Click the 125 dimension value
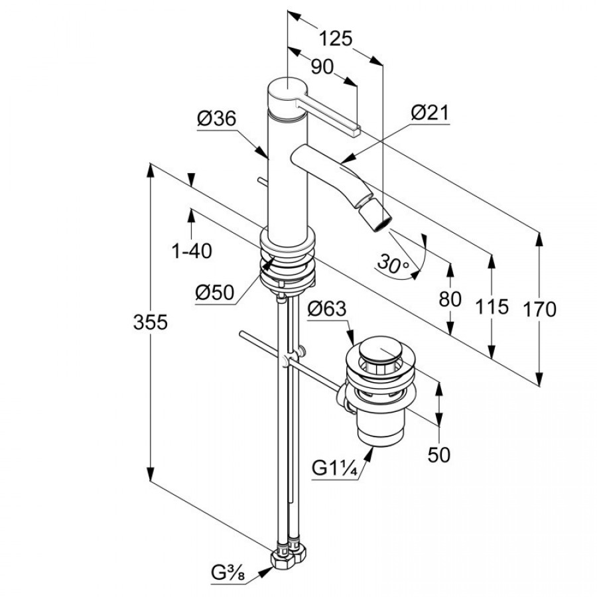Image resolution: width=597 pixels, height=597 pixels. click(334, 38)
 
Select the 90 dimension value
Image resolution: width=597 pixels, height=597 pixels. click(321, 66)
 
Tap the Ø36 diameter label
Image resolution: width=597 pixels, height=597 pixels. click(216, 119)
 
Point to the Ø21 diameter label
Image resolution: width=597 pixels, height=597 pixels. click(429, 113)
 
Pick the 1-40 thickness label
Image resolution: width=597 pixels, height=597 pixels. click(191, 251)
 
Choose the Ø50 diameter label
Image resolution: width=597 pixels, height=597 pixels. click(215, 292)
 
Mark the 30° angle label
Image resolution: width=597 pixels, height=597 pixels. click(393, 265)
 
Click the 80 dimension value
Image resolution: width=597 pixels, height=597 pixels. click(450, 299)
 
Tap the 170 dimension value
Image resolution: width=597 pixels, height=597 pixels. click(538, 309)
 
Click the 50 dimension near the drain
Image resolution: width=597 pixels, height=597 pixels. click(439, 454)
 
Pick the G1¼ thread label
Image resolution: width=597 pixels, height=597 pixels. click(335, 469)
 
